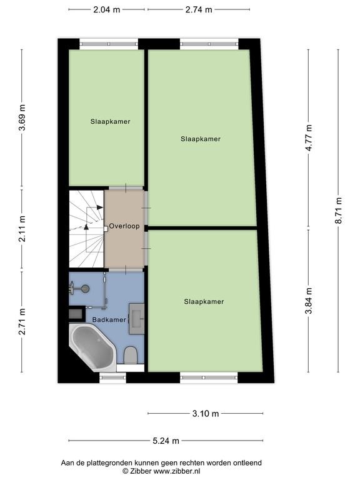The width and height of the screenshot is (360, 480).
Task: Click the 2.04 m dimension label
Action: click(x=106, y=9)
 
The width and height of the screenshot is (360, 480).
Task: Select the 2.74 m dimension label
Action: click(x=199, y=9)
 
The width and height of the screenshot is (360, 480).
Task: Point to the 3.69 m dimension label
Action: click(x=22, y=117)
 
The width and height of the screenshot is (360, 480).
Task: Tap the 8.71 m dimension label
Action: click(x=338, y=210)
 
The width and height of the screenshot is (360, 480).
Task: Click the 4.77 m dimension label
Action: click(x=309, y=137)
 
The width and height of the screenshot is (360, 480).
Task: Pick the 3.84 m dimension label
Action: click(x=309, y=301)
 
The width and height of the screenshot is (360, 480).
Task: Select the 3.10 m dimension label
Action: click(x=206, y=414)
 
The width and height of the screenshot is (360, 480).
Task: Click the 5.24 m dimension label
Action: click(x=166, y=441)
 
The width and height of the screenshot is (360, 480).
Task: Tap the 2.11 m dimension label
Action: click(x=22, y=229)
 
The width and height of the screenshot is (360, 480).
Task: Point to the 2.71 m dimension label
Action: click(x=22, y=321)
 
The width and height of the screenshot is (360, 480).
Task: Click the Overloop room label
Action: click(x=124, y=226)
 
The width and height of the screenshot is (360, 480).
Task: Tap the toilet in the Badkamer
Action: click(x=131, y=355)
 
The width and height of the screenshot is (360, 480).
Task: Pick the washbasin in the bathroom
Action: click(x=136, y=319)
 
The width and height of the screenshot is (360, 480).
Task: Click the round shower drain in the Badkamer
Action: click(x=86, y=288)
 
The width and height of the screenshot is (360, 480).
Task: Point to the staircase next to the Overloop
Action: click(x=87, y=229)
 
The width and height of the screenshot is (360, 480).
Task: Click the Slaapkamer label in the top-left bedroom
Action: click(x=110, y=121)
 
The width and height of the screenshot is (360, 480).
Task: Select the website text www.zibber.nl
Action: click(x=177, y=471)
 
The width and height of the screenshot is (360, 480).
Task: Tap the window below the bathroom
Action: click(x=112, y=377)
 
